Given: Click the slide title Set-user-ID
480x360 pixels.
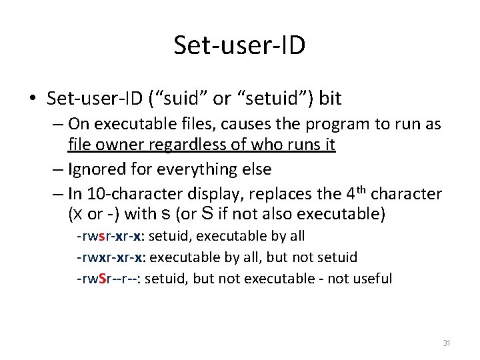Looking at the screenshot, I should coord(239,45).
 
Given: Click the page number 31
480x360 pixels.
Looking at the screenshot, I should coord(447,343).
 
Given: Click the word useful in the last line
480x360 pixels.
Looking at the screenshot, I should coord(373,278).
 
